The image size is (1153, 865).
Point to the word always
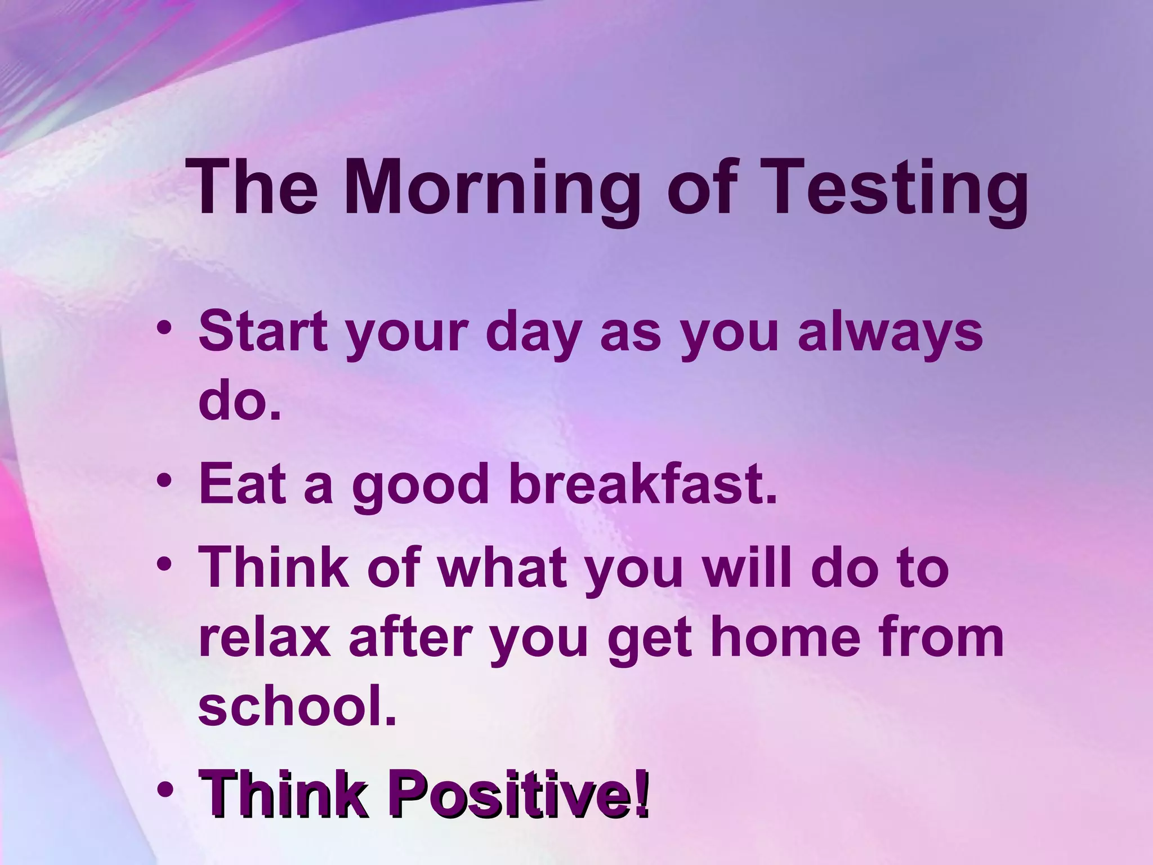tap(890, 332)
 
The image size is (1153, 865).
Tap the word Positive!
tap(519, 793)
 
